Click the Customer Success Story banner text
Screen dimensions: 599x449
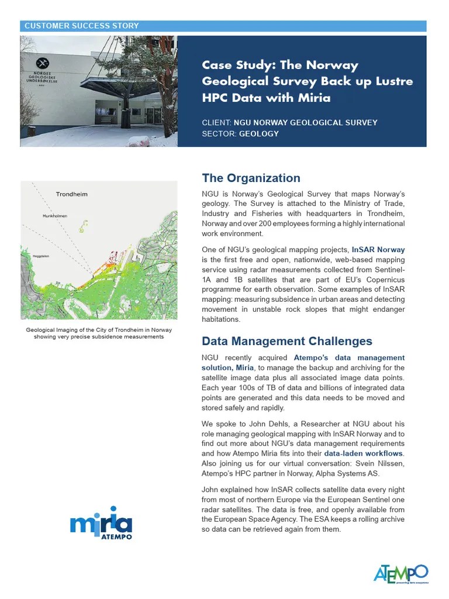point(81,26)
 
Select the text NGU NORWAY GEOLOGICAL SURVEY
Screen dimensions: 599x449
point(305,123)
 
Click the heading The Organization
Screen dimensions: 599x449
point(251,178)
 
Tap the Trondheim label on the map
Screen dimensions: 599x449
point(71,194)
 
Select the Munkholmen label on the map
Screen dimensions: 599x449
point(55,216)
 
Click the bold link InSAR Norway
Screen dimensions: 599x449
point(378,250)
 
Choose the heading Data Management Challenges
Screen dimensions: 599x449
point(286,341)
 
